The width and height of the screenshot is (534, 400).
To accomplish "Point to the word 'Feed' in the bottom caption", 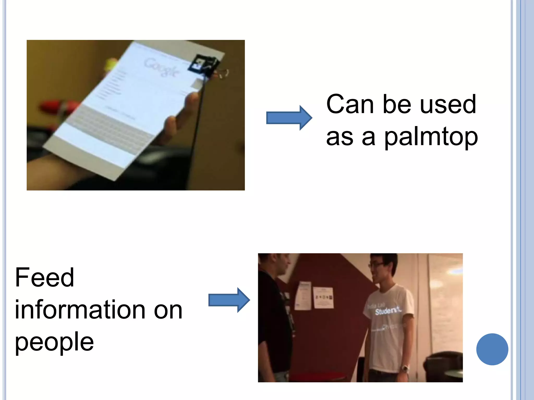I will point(45,278).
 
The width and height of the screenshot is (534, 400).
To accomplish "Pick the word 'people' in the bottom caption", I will point(54,342).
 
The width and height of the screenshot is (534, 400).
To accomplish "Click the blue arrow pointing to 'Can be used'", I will point(289,118).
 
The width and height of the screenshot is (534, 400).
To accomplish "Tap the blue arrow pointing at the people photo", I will point(229,300).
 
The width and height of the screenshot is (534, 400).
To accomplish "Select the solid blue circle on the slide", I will point(492,349).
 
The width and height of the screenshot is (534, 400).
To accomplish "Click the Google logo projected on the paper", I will point(162,67).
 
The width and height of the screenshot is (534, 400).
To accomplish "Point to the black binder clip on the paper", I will point(204,65).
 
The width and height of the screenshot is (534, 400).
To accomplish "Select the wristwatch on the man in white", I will point(405,368).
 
